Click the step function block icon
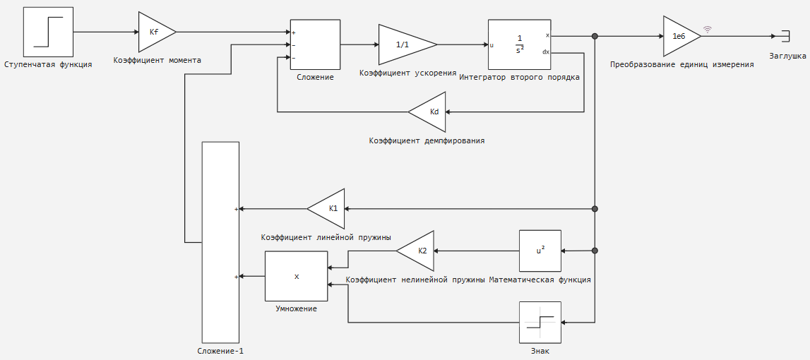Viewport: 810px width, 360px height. tap(48, 32)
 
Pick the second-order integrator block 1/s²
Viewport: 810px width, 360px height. tap(520, 44)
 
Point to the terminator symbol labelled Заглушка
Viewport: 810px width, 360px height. tap(786, 36)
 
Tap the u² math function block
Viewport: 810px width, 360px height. tap(540, 251)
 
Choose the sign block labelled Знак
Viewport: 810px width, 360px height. tap(540, 323)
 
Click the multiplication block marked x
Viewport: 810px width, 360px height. tap(296, 276)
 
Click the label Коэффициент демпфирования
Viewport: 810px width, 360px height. tap(427, 140)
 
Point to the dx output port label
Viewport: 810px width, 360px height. tap(545, 52)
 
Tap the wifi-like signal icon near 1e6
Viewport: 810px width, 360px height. tap(707, 30)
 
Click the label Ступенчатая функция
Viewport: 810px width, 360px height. tap(48, 64)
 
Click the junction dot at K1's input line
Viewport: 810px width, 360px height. tap(595, 209)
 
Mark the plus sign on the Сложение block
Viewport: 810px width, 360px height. tap(293, 32)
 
